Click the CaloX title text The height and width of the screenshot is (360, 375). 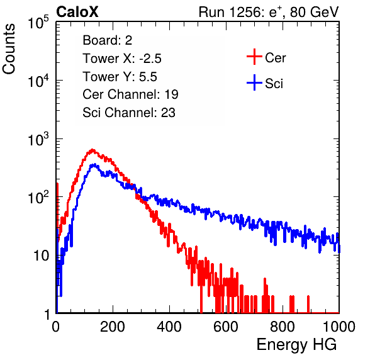pos(77,12)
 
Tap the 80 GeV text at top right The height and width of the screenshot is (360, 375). pos(314,12)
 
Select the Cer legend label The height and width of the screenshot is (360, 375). pos(275,58)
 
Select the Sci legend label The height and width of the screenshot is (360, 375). pos(274,84)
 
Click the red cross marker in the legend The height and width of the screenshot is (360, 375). pos(254,57)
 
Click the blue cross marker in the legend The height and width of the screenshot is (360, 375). pos(254,82)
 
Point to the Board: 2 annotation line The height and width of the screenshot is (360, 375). pos(108,40)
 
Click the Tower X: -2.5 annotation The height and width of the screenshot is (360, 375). pos(122,59)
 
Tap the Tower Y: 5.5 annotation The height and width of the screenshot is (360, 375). pos(120,77)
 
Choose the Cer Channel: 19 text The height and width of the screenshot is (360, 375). pos(130,94)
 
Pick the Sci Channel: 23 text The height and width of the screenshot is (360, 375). pos(129,113)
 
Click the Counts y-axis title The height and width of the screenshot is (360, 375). pos(9,49)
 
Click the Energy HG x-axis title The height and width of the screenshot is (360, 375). pos(296,345)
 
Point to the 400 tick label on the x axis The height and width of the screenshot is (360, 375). pos(169,327)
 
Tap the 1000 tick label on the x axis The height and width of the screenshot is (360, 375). pos(339,327)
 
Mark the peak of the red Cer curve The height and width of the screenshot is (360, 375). pos(92,150)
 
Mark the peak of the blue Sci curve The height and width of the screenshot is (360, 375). pos(94,164)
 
